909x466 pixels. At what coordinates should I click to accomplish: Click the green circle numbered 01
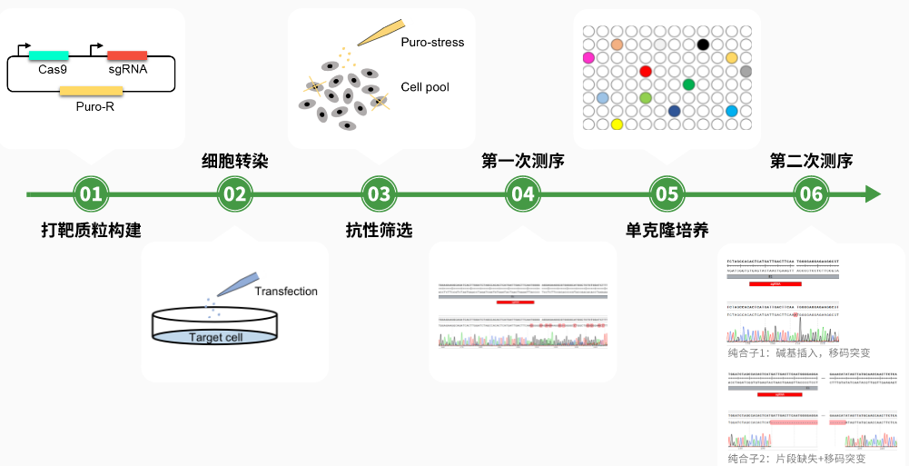pyautogui.click(x=90, y=193)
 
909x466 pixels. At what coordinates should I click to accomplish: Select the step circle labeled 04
pyautogui.click(x=523, y=193)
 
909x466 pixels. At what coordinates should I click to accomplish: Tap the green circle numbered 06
pyautogui.click(x=811, y=193)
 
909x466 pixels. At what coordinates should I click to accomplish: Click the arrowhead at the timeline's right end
pyautogui.click(x=873, y=193)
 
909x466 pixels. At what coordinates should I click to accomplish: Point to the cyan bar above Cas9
pyautogui.click(x=48, y=55)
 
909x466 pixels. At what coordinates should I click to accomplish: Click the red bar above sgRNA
pyautogui.click(x=127, y=55)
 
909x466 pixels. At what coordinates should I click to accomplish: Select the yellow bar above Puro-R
pyautogui.click(x=91, y=90)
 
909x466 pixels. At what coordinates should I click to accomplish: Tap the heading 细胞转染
pyautogui.click(x=234, y=162)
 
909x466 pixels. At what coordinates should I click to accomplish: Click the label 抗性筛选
pyautogui.click(x=379, y=230)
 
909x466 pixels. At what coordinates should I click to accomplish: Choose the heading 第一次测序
pyautogui.click(x=523, y=162)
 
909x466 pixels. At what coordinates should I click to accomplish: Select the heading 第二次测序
pyautogui.click(x=811, y=162)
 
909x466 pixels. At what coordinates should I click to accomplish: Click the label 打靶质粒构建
pyautogui.click(x=91, y=230)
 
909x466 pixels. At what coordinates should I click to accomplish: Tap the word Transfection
pyautogui.click(x=286, y=292)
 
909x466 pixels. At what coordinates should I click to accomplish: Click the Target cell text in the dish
pyautogui.click(x=215, y=338)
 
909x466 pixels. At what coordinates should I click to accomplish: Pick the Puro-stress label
pyautogui.click(x=432, y=42)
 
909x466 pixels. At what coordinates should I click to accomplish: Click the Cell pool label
pyautogui.click(x=425, y=87)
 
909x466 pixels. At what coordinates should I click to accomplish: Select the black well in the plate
pyautogui.click(x=702, y=45)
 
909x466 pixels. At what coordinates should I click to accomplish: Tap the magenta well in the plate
pyautogui.click(x=588, y=58)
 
